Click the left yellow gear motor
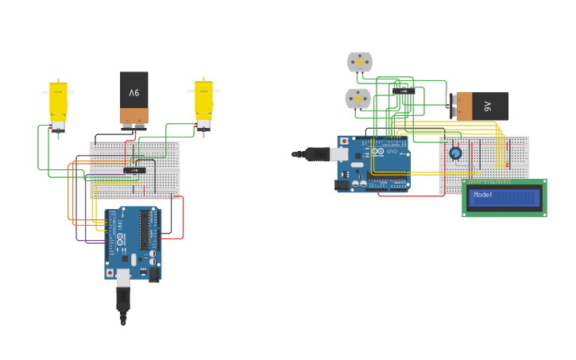[x=58, y=103]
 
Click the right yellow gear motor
[x=204, y=102]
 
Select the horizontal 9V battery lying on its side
[x=480, y=106]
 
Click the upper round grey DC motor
[x=359, y=62]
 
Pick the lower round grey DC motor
[x=358, y=99]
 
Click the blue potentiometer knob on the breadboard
[x=455, y=153]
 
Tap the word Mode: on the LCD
[x=483, y=195]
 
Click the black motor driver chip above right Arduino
[x=404, y=91]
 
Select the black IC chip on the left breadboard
[x=135, y=170]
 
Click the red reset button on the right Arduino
[x=344, y=141]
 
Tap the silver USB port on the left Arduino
[x=123, y=277]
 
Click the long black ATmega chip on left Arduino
[x=145, y=230]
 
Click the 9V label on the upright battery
[x=134, y=93]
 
